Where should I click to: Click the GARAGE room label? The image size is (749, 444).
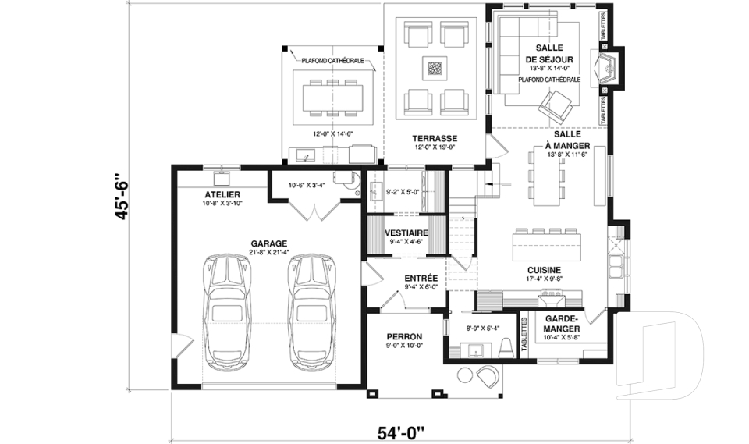[269, 243]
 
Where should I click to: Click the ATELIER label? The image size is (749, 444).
[222, 194]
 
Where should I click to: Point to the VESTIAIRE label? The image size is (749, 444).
[406, 233]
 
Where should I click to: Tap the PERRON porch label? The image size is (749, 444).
[404, 336]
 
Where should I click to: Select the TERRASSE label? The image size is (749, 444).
[435, 138]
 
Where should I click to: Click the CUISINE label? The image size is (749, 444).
[545, 270]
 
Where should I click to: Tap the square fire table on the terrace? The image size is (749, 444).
[435, 68]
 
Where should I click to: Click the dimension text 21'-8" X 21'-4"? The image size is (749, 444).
[269, 252]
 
